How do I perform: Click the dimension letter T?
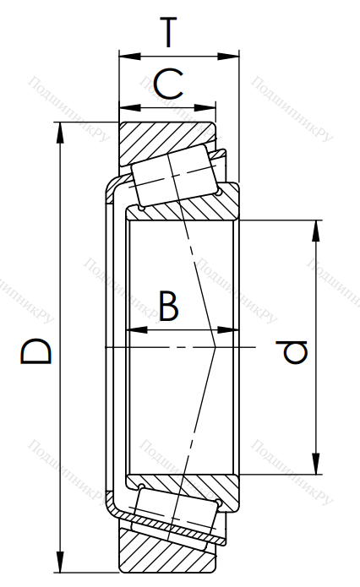[x=168, y=32]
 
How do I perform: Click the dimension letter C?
[x=168, y=84]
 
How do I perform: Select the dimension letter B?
[x=168, y=306]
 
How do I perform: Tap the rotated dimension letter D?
[x=35, y=351]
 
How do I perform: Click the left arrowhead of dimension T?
[x=129, y=57]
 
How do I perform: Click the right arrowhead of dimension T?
[x=228, y=57]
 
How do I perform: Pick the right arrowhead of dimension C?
[x=205, y=108]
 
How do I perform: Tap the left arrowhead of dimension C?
[x=129, y=108]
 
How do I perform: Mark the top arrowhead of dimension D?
[x=59, y=133]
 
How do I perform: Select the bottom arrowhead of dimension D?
[x=59, y=562]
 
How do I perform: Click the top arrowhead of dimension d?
[x=317, y=231]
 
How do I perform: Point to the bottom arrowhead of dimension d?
[x=317, y=464]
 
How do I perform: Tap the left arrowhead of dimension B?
[x=137, y=330]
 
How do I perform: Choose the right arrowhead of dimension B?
[x=228, y=330]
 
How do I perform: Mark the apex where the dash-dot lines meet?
[x=216, y=348]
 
